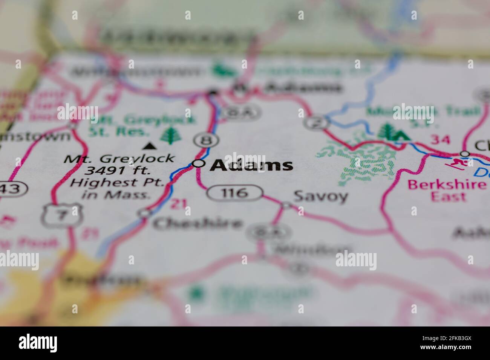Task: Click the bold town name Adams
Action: click(x=251, y=165)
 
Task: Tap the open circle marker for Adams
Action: click(x=199, y=163)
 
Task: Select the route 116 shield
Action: click(x=234, y=193)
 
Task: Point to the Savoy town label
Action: click(x=320, y=196)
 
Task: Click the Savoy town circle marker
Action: click(x=286, y=205)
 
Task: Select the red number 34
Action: click(x=440, y=140)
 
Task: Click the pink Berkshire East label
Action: click(x=447, y=190)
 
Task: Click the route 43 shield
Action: click(x=13, y=189)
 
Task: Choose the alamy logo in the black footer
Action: click(x=38, y=343)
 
